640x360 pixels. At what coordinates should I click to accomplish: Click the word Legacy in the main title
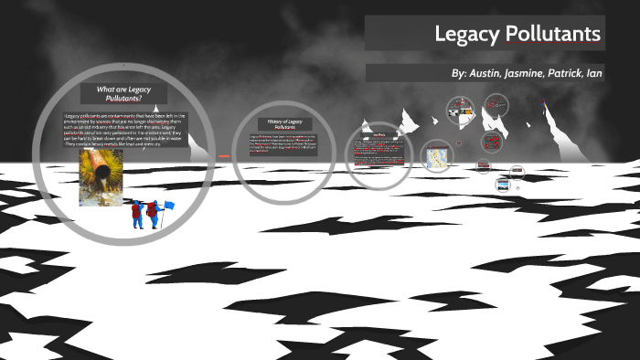pos(465,34)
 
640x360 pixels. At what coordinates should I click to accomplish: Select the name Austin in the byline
pos(494,72)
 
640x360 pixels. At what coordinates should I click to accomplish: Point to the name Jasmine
pos(534,72)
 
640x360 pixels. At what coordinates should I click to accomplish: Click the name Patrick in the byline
pos(572,72)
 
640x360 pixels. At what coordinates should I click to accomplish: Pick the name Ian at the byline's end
pos(595,72)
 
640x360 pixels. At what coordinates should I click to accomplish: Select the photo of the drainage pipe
pos(100,177)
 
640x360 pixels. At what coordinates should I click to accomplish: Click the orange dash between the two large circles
pos(223,156)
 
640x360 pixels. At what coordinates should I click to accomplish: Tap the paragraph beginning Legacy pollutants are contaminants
pos(125,129)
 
